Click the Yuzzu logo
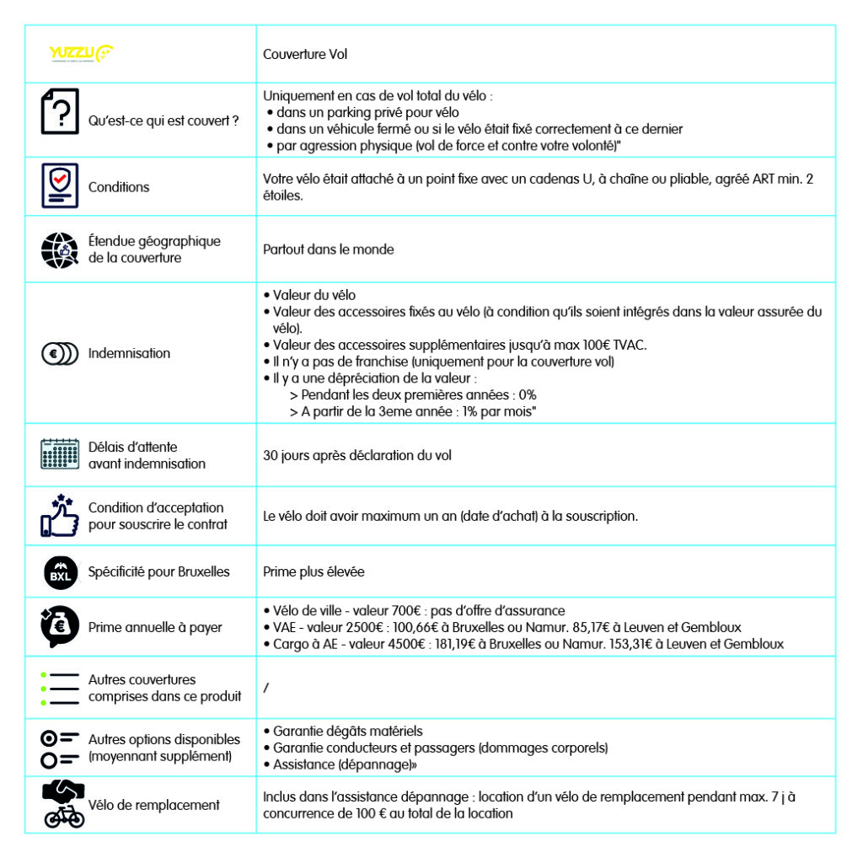click(x=81, y=53)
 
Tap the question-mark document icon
click(x=60, y=111)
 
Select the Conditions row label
click(x=119, y=187)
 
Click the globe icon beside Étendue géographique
click(x=60, y=249)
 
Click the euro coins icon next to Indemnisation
click(x=60, y=353)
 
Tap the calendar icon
click(x=60, y=454)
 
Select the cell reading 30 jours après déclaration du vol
click(x=357, y=455)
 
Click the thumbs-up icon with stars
click(x=60, y=516)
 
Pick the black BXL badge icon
click(x=60, y=572)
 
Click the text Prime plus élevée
click(x=314, y=572)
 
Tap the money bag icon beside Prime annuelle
click(x=60, y=627)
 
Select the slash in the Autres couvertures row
click(x=266, y=689)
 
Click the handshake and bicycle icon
click(x=64, y=805)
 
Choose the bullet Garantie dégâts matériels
click(x=348, y=731)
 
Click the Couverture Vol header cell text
click(x=305, y=54)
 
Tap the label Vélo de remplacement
click(x=153, y=805)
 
